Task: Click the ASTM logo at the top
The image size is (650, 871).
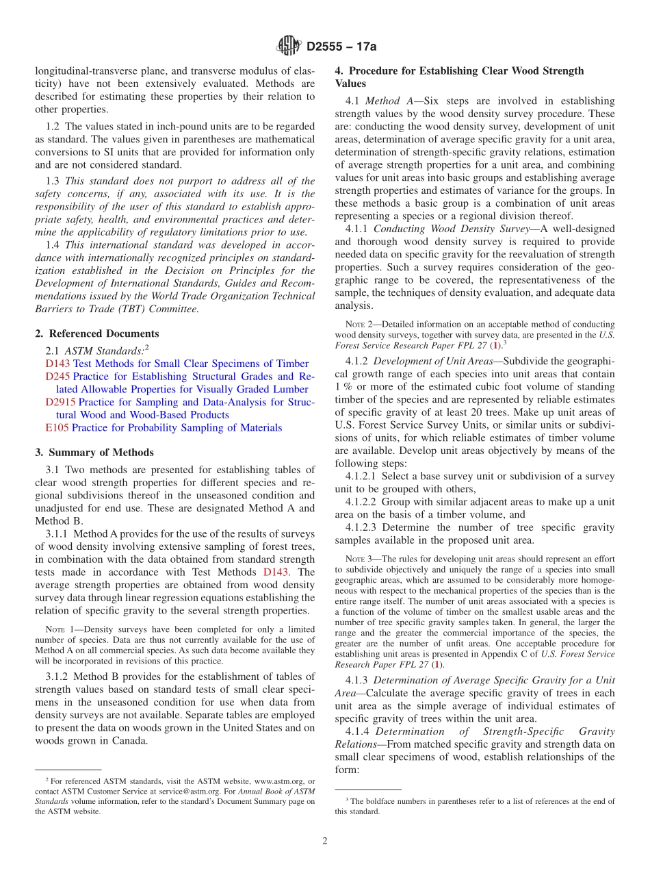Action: click(x=288, y=47)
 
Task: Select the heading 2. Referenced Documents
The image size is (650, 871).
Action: click(x=96, y=333)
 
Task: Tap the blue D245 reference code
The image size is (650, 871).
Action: click(x=57, y=377)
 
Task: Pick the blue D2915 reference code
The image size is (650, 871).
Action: click(x=60, y=402)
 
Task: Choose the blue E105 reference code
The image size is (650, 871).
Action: click(x=57, y=427)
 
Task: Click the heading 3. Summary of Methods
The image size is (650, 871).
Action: click(x=94, y=453)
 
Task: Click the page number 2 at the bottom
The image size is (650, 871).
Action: click(x=325, y=841)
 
